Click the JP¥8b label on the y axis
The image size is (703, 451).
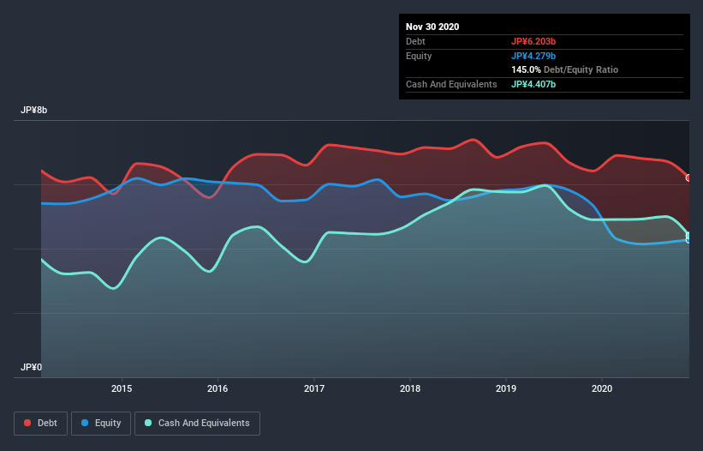point(35,111)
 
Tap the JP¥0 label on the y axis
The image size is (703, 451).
point(32,367)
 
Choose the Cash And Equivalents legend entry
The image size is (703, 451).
point(197,423)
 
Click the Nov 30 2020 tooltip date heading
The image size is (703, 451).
point(432,27)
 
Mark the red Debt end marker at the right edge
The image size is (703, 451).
point(688,177)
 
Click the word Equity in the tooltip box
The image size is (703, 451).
point(420,56)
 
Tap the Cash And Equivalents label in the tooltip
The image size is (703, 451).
point(451,84)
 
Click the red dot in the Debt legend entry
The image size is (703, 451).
point(28,423)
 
